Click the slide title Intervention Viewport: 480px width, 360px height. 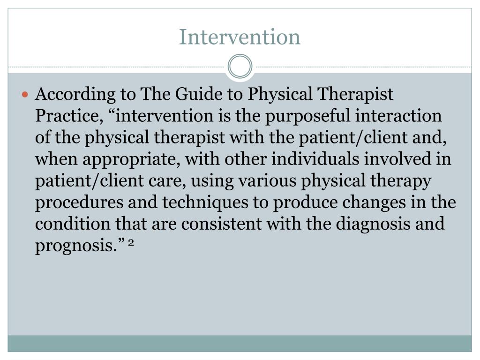click(240, 37)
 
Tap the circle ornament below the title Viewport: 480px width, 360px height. click(240, 67)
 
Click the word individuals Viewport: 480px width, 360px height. click(322, 160)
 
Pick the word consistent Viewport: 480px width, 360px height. click(222, 224)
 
